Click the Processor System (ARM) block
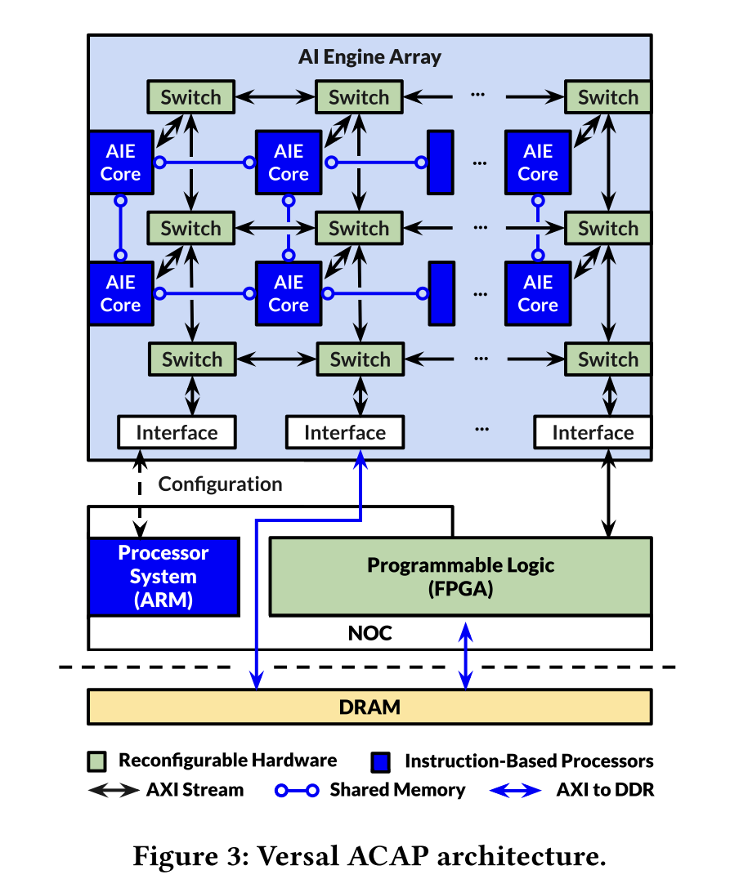(163, 576)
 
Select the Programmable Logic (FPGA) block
(460, 576)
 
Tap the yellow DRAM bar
(369, 707)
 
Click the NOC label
(369, 633)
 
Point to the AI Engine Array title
(369, 58)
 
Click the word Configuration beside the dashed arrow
(220, 484)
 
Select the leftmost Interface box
(177, 432)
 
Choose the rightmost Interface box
(593, 432)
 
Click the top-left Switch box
(190, 97)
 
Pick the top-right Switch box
(607, 97)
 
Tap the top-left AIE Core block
(120, 163)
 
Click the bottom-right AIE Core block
(537, 293)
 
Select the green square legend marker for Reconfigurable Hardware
(96, 761)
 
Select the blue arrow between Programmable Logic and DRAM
(466, 654)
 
